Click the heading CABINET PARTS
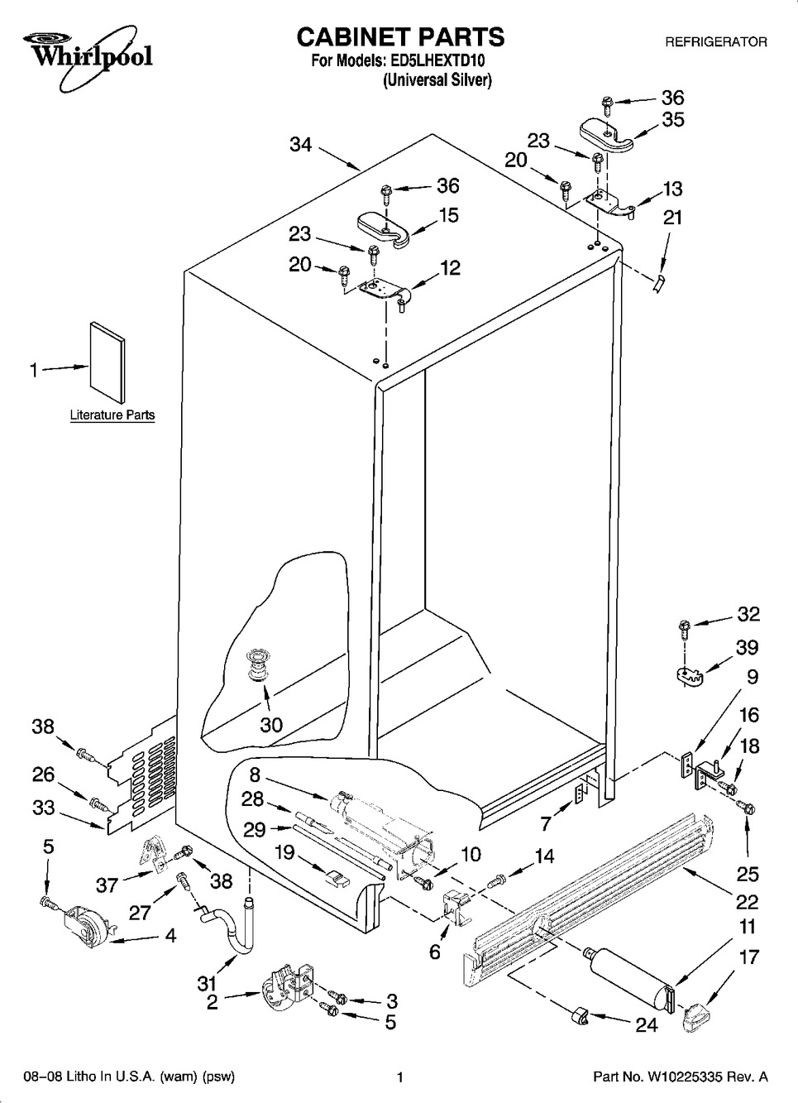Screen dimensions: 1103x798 (x=399, y=36)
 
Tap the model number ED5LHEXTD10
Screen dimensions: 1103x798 (x=437, y=60)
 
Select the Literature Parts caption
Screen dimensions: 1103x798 (x=112, y=415)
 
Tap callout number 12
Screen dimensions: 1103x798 (x=450, y=268)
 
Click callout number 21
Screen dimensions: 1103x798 (x=673, y=217)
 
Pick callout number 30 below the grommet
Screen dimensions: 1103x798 (x=271, y=725)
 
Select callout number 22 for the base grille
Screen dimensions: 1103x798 (x=747, y=901)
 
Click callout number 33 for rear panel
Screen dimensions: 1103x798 (x=43, y=808)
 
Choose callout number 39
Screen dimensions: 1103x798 (x=747, y=647)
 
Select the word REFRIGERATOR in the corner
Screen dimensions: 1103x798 (x=716, y=41)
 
